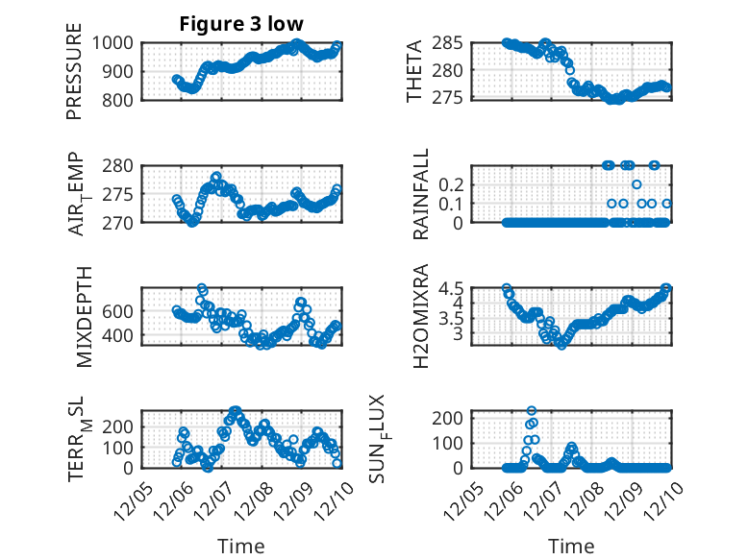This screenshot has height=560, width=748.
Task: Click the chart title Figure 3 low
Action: tap(241, 24)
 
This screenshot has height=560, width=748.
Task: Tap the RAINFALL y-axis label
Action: tap(419, 195)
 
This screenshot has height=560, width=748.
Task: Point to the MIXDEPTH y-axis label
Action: tap(83, 316)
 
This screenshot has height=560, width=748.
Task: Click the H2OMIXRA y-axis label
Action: tap(419, 316)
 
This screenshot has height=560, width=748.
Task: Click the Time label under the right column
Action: tap(571, 547)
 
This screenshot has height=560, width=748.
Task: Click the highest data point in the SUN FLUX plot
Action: tap(531, 411)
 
